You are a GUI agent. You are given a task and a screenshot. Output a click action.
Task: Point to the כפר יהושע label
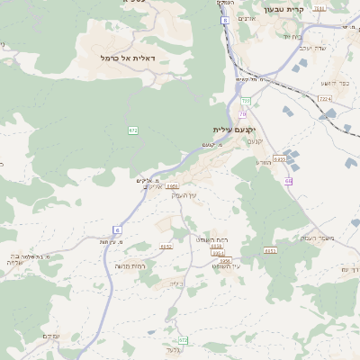click(335, 83)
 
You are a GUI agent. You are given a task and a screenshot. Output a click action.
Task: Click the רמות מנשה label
click(130, 265)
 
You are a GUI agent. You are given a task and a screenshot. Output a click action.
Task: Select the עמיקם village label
click(50, 336)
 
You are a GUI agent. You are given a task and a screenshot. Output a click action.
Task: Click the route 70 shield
click(243, 114)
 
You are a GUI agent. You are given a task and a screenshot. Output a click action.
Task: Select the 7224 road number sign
click(325, 98)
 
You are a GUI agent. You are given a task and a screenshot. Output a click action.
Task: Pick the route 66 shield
click(288, 181)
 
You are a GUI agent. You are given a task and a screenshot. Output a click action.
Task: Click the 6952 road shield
click(166, 247)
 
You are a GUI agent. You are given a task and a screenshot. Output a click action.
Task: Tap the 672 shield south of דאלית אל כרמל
click(133, 130)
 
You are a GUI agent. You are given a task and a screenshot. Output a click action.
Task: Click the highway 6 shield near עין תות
click(117, 229)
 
